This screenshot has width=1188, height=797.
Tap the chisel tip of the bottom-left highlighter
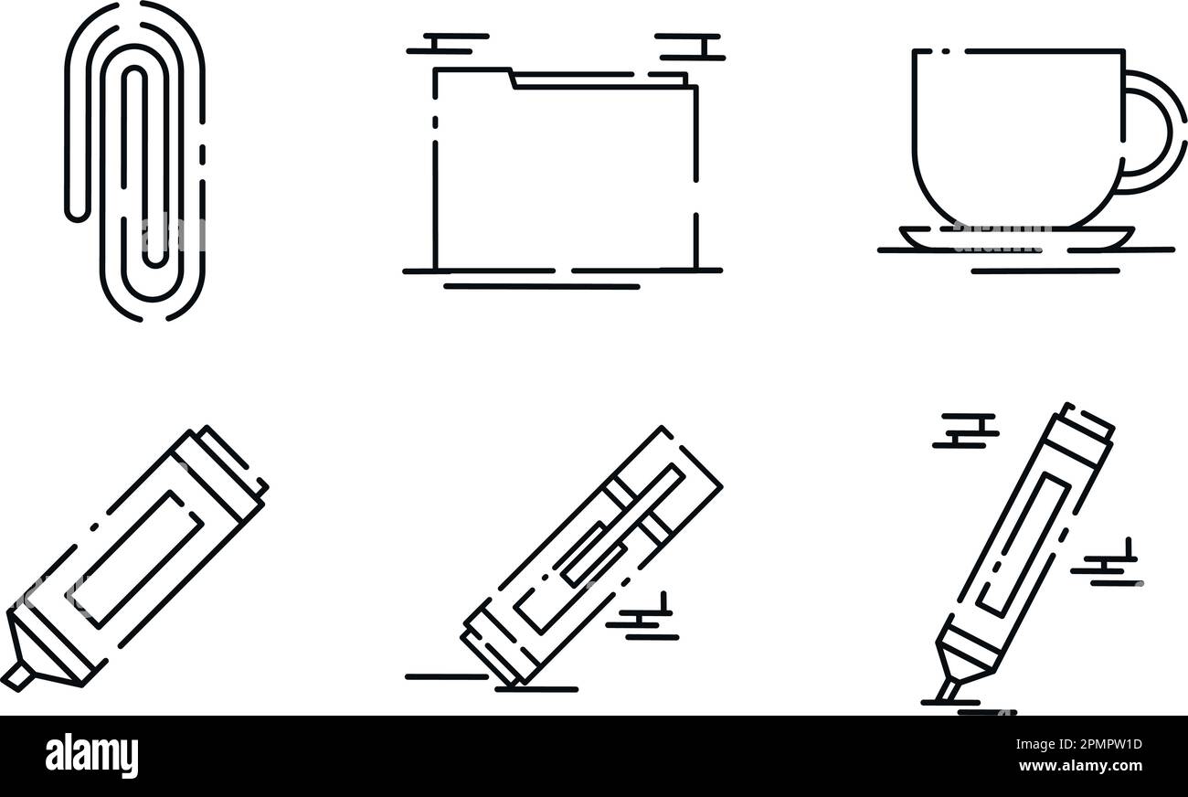point(17,679)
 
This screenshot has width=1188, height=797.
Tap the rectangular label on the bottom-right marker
point(1022,545)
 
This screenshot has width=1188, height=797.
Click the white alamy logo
point(91,755)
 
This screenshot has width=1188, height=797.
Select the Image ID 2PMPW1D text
point(1078,744)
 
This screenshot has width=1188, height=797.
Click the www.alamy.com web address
point(1080,766)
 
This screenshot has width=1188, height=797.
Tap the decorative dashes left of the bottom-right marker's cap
point(965,430)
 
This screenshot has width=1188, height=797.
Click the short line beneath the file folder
point(542,286)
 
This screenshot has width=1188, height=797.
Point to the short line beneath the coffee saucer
point(1045,271)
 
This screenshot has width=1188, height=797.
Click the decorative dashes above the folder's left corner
point(448,44)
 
